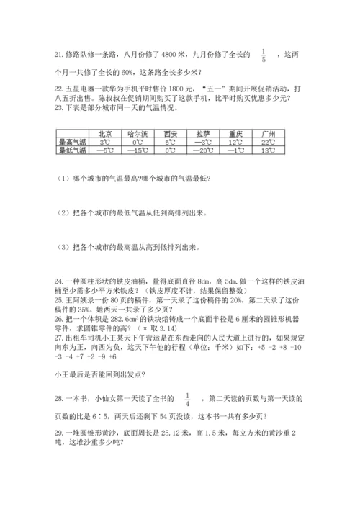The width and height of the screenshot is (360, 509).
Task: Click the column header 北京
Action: click(104, 134)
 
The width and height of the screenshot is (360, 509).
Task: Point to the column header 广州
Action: click(269, 134)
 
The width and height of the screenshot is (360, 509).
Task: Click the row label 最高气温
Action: click(73, 143)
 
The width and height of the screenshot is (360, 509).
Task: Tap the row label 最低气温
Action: click(73, 151)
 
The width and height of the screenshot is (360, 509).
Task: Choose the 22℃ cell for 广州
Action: click(269, 143)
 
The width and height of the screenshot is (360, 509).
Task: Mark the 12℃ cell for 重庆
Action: click(235, 143)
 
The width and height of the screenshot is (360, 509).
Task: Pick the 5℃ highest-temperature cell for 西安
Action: click(170, 143)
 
